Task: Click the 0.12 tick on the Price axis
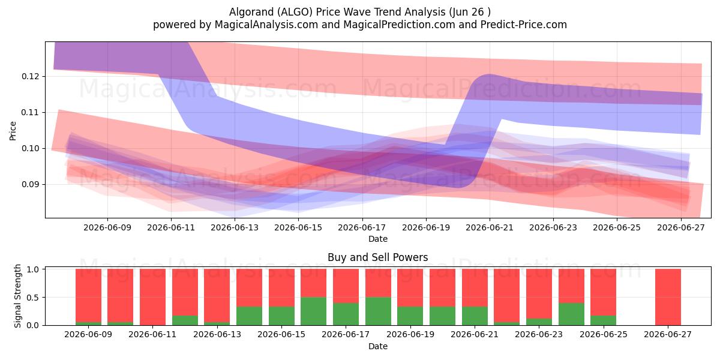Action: [x=31, y=77]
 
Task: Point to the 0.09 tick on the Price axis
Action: [x=31, y=185]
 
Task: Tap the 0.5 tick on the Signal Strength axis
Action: [x=32, y=298]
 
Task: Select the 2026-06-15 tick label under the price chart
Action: [x=298, y=227]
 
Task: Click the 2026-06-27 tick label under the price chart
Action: [x=681, y=227]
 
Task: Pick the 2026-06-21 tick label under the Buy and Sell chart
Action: [x=475, y=335]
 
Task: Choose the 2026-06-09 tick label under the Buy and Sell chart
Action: [x=88, y=335]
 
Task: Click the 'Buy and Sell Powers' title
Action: [x=377, y=257]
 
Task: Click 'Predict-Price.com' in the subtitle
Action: [x=524, y=25]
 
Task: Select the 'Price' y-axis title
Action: [x=13, y=131]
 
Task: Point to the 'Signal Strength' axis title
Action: [x=17, y=296]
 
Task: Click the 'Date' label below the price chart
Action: [x=377, y=239]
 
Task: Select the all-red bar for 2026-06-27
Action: [x=668, y=297]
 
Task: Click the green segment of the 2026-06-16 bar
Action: [x=313, y=311]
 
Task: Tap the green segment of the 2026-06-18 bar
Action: [x=378, y=311]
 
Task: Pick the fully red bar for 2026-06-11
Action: [x=152, y=297]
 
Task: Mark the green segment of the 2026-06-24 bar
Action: [x=571, y=314]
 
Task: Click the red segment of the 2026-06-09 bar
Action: [x=88, y=295]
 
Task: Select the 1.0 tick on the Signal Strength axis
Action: [x=32, y=269]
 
